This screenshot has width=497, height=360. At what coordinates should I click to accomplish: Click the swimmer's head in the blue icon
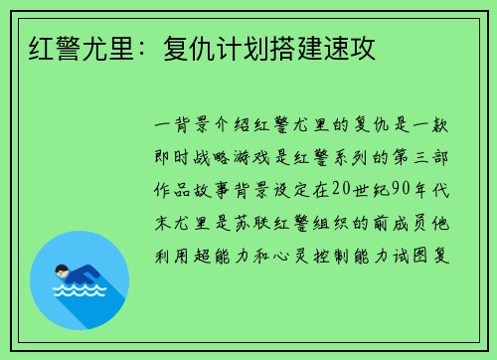[x=62, y=270]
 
